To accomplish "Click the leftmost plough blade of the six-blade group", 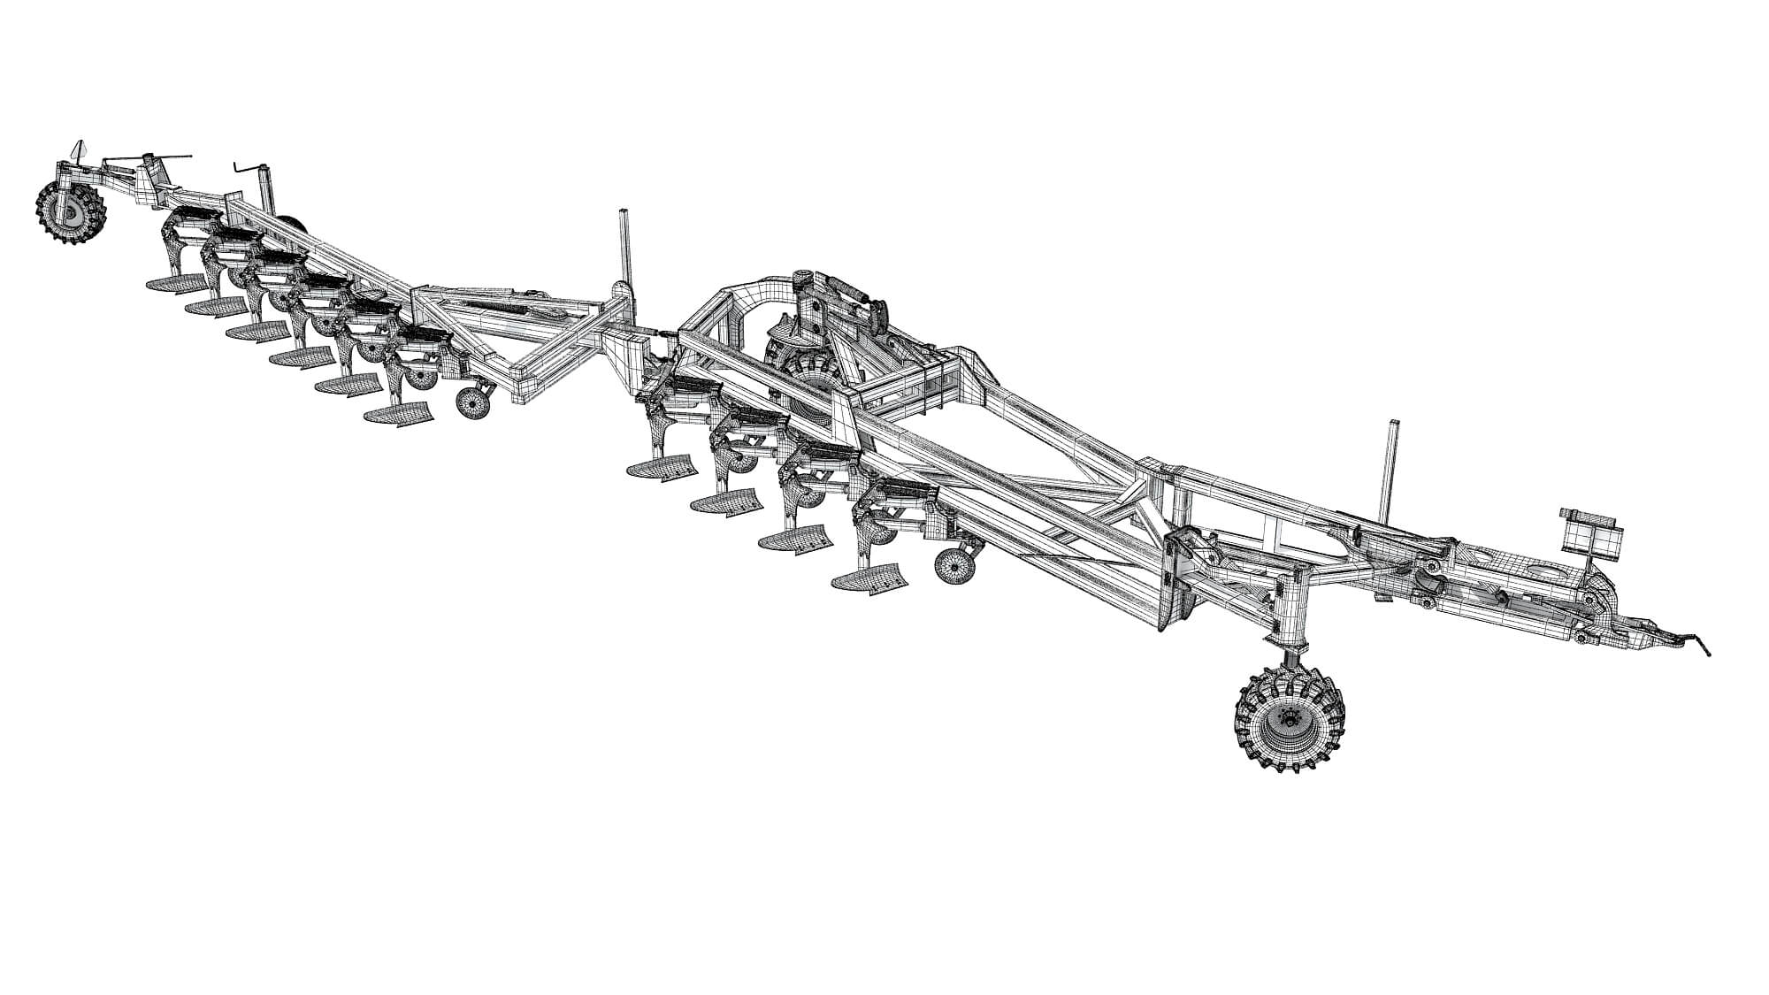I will click(x=174, y=284).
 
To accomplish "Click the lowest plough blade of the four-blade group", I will click(x=869, y=578).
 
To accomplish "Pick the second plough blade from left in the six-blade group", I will click(x=217, y=306).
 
